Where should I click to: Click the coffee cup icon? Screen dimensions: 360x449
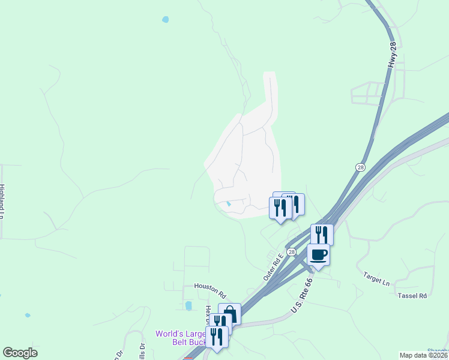[318, 254]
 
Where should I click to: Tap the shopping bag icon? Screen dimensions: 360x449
[229, 313]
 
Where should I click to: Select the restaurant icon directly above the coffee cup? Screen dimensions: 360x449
[322, 234]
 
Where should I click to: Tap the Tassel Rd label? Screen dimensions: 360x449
[412, 296]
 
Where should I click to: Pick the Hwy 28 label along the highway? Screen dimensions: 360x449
[393, 55]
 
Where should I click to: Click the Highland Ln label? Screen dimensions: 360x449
[2, 201]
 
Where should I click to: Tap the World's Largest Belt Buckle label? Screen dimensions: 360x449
[180, 338]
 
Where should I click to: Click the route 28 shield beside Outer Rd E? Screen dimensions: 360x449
[291, 253]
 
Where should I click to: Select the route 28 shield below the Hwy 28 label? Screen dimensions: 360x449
[360, 167]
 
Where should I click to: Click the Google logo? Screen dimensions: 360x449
[20, 353]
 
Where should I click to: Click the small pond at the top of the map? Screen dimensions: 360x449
[165, 20]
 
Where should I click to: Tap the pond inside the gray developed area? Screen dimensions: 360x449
[228, 204]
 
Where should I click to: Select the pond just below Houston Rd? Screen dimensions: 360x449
[188, 306]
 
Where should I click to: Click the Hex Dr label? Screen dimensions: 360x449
[208, 313]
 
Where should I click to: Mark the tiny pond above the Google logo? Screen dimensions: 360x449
[27, 314]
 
